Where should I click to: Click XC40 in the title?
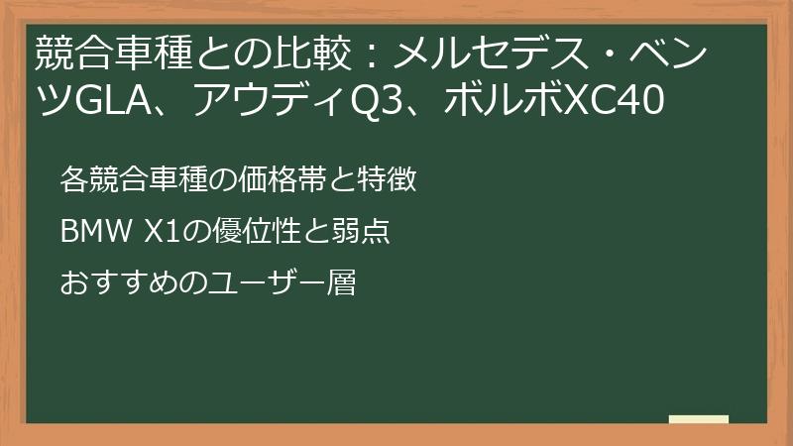(x=610, y=100)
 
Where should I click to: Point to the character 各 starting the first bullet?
(x=73, y=180)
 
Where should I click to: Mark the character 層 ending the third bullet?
(x=342, y=284)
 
